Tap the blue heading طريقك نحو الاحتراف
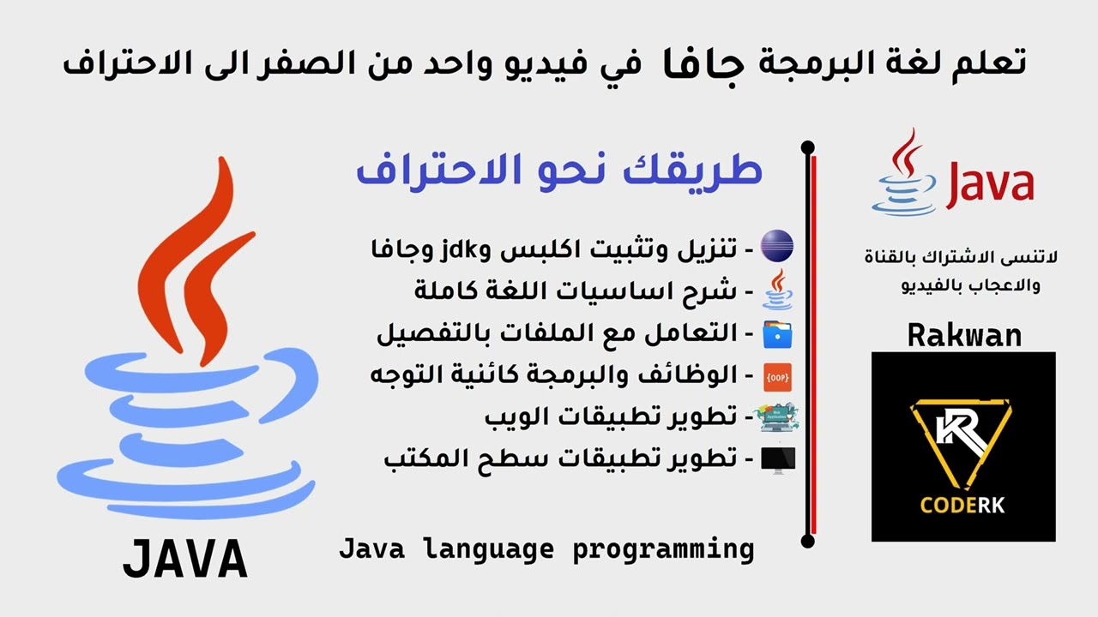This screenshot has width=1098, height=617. pyautogui.click(x=558, y=169)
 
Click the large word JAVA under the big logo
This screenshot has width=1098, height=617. pyautogui.click(x=185, y=560)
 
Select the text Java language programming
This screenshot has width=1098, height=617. pyautogui.click(x=546, y=548)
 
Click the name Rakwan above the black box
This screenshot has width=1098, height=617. pyautogui.click(x=964, y=335)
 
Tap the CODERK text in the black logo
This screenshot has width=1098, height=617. pyautogui.click(x=962, y=505)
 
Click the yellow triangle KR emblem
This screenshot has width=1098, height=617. pyautogui.click(x=961, y=442)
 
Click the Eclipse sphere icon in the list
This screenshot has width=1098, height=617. pyautogui.click(x=778, y=248)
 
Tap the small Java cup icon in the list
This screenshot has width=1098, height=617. pyautogui.click(x=778, y=290)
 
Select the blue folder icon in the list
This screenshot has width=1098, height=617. pyautogui.click(x=778, y=332)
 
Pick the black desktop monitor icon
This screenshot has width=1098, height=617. pyautogui.click(x=778, y=459)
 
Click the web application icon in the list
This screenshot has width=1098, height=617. pyautogui.click(x=778, y=417)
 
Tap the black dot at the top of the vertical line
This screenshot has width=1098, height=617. pyautogui.click(x=807, y=148)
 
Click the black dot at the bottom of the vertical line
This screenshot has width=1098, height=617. pyautogui.click(x=807, y=541)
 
